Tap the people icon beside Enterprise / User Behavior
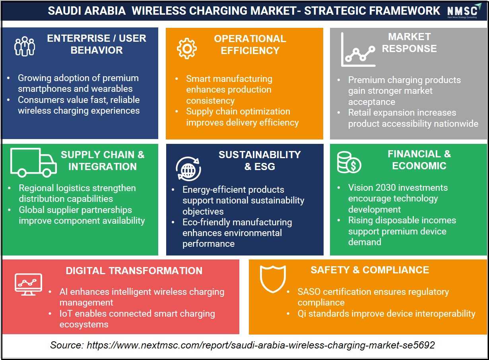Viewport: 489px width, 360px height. (25, 46)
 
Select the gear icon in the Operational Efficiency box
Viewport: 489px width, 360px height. (186, 48)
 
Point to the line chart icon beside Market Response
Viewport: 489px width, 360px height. (358, 50)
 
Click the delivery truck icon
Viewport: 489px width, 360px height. (33, 163)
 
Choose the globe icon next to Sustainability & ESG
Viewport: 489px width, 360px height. (188, 168)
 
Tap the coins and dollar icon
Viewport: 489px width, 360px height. (349, 163)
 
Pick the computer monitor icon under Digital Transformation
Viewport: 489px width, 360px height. (28, 285)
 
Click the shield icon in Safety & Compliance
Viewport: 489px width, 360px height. (273, 279)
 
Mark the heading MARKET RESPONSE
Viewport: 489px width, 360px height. (409, 43)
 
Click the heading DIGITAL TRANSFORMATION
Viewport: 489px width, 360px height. (134, 271)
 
